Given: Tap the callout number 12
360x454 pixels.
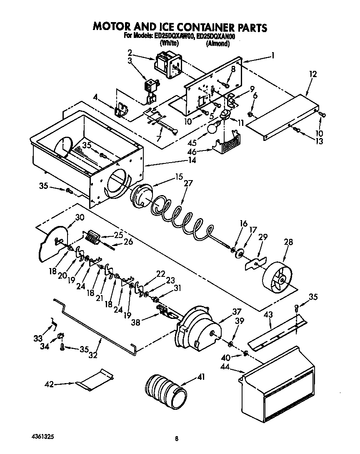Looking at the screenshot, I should pyautogui.click(x=313, y=74).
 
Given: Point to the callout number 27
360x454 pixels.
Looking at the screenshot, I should pyautogui.click(x=188, y=183).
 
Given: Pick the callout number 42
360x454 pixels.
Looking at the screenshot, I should pyautogui.click(x=49, y=384).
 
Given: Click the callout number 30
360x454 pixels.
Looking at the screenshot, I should pyautogui.click(x=79, y=217).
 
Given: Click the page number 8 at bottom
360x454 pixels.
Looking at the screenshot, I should pyautogui.click(x=177, y=439).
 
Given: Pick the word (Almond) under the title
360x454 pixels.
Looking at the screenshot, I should pyautogui.click(x=218, y=43).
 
